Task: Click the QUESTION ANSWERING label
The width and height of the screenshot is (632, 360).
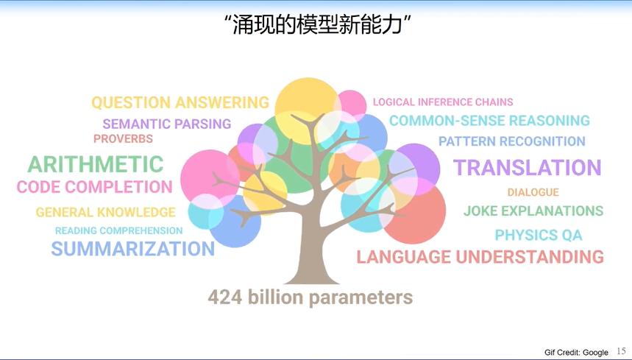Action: tap(180, 103)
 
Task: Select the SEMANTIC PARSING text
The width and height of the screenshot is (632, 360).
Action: tap(167, 124)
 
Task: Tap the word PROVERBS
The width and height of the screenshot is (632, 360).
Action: tap(124, 138)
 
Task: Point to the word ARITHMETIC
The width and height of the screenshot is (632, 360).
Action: tap(96, 164)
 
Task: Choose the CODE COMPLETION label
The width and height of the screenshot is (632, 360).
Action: tap(95, 187)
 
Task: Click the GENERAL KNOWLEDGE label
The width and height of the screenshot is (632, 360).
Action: tap(106, 212)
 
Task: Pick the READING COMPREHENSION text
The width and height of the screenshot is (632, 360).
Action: tap(119, 230)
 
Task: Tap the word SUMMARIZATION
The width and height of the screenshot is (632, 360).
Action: tap(133, 249)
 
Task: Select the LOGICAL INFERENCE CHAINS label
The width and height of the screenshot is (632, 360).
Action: tap(443, 102)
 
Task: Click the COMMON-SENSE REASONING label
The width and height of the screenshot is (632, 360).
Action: tap(490, 121)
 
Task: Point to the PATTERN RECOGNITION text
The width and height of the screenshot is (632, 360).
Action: tap(512, 141)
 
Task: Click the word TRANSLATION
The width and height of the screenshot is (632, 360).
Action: tap(528, 168)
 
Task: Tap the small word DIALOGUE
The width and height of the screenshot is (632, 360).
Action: tap(533, 192)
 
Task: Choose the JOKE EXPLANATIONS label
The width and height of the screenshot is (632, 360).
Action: tap(533, 211)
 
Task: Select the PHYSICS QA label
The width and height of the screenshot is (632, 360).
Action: tap(539, 235)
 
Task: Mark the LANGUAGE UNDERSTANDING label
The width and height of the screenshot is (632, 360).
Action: tap(480, 257)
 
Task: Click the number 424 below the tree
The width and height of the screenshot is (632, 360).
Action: tap(225, 297)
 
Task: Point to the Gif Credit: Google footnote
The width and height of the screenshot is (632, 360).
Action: tap(576, 353)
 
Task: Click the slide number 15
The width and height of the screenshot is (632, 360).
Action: tap(621, 351)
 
